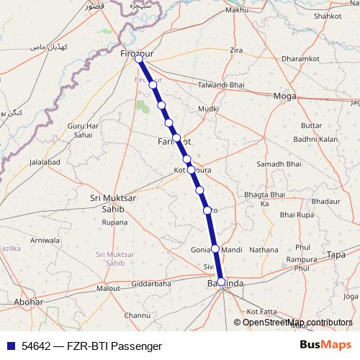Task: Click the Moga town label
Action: click(286, 96)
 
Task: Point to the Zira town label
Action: click(236, 50)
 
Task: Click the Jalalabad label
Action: click(45, 163)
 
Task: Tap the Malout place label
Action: click(109, 288)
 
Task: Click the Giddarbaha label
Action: click(151, 284)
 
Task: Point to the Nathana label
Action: click(264, 249)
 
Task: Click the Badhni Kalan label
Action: click(315, 139)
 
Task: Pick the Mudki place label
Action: click(208, 109)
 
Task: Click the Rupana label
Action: click(114, 222)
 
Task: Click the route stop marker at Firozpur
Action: click(139, 60)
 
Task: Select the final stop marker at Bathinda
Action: click(221, 282)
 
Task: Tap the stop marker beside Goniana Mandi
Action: click(215, 248)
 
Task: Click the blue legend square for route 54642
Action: click(10, 346)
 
